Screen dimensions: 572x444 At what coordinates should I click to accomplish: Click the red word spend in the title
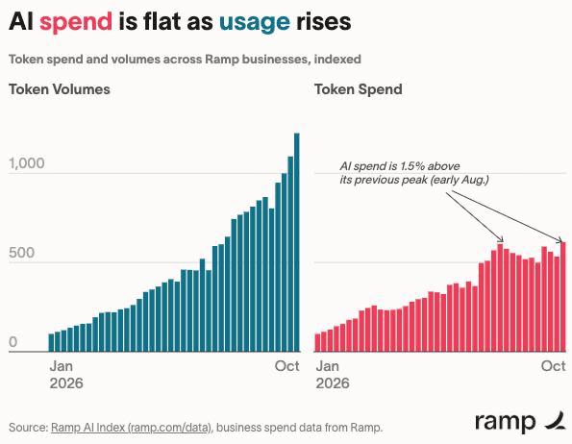[76, 22]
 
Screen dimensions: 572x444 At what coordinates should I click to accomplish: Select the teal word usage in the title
[255, 23]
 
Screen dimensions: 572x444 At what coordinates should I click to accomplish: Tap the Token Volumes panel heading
[60, 89]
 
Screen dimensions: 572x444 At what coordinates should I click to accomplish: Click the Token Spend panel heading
[359, 89]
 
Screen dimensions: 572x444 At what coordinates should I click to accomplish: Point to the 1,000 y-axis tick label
[27, 163]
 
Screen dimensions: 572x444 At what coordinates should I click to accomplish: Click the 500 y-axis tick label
[21, 253]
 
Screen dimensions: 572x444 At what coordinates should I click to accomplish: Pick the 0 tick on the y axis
[13, 342]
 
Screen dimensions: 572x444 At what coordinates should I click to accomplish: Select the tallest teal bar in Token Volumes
[297, 242]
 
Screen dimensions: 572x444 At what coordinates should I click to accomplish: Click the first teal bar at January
[51, 343]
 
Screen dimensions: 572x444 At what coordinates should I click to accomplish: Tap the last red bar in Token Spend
[563, 297]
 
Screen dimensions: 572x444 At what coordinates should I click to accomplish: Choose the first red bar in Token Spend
[317, 343]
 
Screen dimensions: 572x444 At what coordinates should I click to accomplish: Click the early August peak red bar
[500, 298]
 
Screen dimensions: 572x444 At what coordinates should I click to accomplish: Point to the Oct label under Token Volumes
[287, 366]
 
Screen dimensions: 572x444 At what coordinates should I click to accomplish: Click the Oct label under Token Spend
[554, 366]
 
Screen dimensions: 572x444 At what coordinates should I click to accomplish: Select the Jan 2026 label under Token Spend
[333, 375]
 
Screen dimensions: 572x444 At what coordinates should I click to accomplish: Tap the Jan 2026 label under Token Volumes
[66, 375]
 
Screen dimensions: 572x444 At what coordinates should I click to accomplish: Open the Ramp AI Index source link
[132, 428]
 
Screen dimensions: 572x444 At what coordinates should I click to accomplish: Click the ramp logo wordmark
[506, 422]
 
